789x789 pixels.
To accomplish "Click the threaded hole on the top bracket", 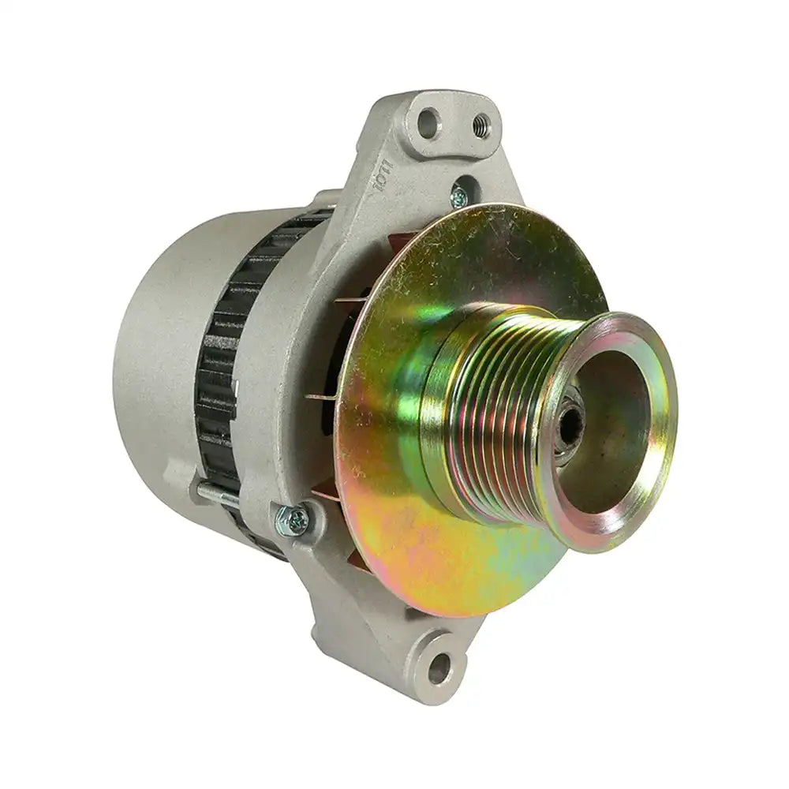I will coord(480,124).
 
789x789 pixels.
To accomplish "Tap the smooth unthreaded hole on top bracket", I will coord(427,122).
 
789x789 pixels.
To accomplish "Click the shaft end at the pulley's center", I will coord(570,426).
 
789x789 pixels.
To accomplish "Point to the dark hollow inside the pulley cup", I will coord(608,442).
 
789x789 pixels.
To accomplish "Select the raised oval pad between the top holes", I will coord(451,126).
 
